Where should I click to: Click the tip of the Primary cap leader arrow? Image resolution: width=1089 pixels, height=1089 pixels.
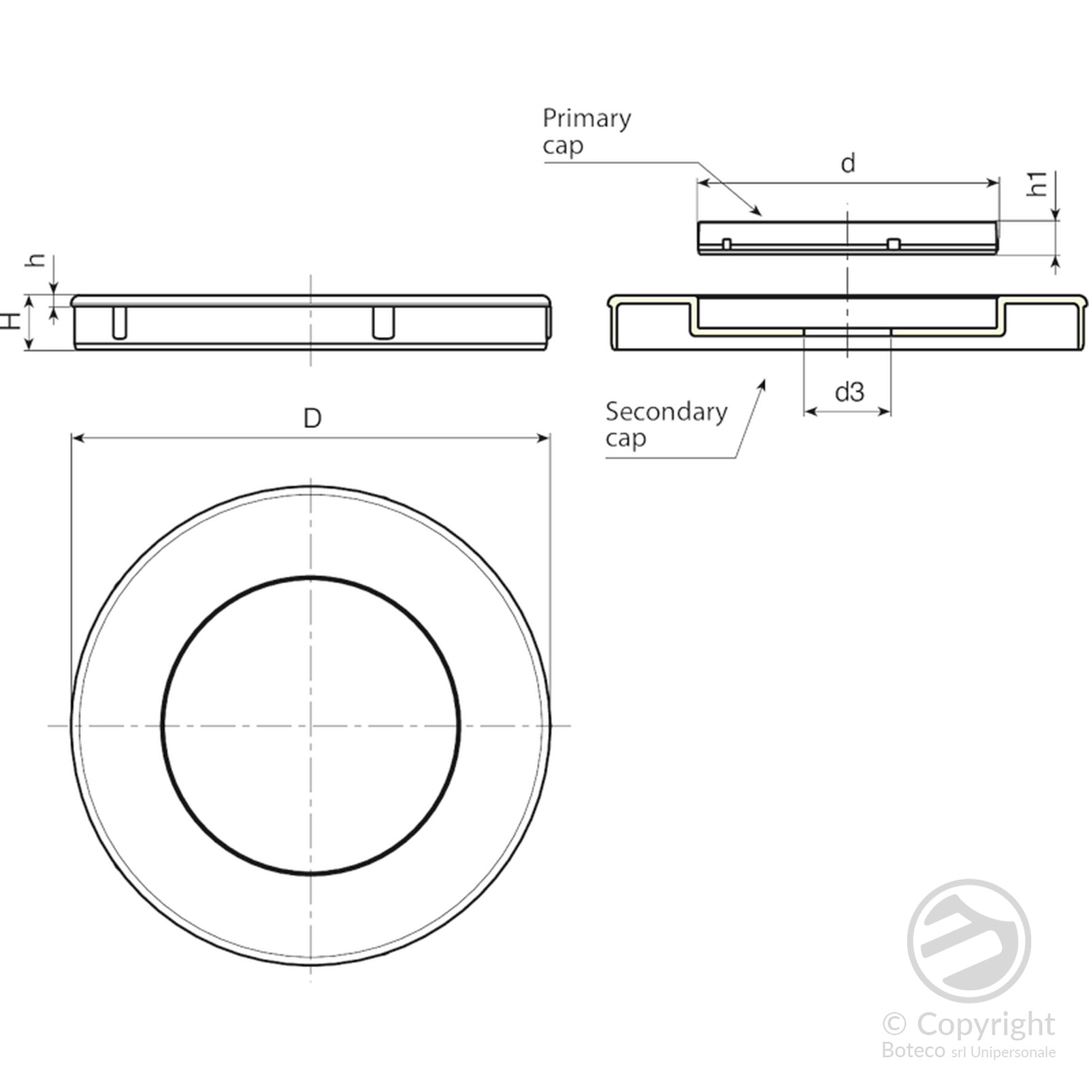761,215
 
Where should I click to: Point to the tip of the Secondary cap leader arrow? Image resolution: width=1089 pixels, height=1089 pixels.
764,380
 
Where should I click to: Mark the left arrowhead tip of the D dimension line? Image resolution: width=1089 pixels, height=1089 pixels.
72,438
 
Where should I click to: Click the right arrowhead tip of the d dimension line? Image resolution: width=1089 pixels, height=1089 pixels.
998,182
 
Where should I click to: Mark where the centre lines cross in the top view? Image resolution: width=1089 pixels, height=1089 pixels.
311,726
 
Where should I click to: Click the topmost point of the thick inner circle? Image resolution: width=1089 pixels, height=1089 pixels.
311,579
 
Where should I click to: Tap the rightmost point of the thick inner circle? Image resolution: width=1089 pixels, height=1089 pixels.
458,726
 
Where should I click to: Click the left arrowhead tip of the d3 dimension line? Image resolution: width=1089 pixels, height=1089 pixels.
804,411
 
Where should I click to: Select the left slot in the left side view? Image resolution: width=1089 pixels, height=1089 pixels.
119,323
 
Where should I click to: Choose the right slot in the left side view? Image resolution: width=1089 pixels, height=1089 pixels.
383,323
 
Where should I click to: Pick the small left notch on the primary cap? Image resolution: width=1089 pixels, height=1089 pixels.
726,244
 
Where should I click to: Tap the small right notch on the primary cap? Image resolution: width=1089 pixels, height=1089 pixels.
894,244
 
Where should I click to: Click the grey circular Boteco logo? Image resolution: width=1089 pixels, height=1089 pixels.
969,941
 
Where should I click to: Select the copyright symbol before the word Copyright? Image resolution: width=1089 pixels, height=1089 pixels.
894,1023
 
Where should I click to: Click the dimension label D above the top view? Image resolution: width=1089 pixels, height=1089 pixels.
312,418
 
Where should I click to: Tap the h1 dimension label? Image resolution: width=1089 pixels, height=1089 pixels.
1037,184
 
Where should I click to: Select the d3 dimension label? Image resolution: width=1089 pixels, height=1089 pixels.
849,392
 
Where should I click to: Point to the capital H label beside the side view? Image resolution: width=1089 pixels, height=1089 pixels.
12,321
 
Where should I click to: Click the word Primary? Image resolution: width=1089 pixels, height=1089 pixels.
587,119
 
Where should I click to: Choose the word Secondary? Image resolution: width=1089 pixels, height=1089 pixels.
666,412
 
